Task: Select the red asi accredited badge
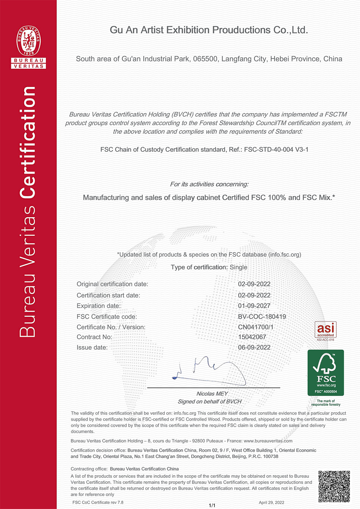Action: pos(325,330)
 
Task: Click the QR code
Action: pos(334,486)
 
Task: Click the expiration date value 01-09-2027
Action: pos(254,306)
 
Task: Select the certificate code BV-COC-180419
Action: pos(262,317)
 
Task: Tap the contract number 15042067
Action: pos(252,337)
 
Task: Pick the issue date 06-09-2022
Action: pos(254,347)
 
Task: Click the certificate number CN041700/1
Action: pos(256,327)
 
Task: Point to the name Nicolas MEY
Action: pos(212,394)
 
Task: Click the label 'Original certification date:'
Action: pos(112,284)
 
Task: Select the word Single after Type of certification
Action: pos(238,267)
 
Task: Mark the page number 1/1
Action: pos(212,505)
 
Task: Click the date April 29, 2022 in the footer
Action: pos(271,503)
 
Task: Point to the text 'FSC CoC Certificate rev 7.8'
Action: pos(98,503)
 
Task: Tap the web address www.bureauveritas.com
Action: pos(268,441)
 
